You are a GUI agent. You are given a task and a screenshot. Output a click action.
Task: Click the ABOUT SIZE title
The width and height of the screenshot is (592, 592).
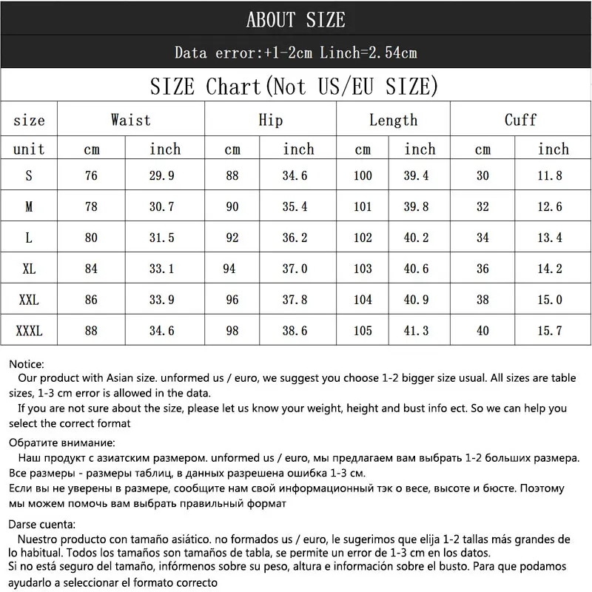[295, 19]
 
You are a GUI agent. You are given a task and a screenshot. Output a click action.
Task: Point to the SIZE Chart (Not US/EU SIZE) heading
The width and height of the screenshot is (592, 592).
[294, 87]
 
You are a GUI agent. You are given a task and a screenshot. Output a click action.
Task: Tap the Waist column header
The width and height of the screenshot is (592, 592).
[130, 120]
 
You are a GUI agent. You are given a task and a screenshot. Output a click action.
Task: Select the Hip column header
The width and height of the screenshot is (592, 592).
[270, 120]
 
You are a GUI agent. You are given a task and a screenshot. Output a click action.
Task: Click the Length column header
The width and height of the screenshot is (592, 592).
[393, 120]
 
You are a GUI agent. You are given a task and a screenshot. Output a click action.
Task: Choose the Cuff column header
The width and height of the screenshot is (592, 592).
[520, 120]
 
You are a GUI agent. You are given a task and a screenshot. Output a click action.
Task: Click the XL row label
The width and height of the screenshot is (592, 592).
[29, 269]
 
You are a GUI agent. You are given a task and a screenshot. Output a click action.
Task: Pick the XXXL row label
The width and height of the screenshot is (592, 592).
[29, 331]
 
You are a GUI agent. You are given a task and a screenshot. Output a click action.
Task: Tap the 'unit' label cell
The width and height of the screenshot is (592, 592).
[29, 149]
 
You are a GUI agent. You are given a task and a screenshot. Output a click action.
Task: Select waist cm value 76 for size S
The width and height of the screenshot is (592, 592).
[91, 176]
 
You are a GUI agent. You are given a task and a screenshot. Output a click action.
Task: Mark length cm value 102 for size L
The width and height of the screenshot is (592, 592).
[363, 238]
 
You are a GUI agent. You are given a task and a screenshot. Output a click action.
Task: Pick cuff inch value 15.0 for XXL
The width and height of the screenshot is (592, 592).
[549, 300]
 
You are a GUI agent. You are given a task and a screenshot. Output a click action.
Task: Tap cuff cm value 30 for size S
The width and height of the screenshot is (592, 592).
[482, 176]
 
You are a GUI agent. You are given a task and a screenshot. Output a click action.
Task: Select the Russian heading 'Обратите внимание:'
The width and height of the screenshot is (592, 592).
[63, 443]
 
